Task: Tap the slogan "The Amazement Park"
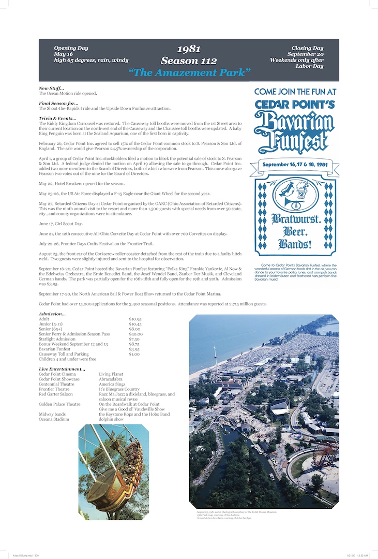[189, 72]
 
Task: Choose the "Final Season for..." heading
[57, 104]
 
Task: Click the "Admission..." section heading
[52, 314]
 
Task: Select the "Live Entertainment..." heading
[62, 369]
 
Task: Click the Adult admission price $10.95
[135, 319]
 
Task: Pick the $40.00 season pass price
[136, 334]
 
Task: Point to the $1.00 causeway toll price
[134, 354]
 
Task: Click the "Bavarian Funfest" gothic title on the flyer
[294, 132]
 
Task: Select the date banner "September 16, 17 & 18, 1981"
[294, 165]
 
